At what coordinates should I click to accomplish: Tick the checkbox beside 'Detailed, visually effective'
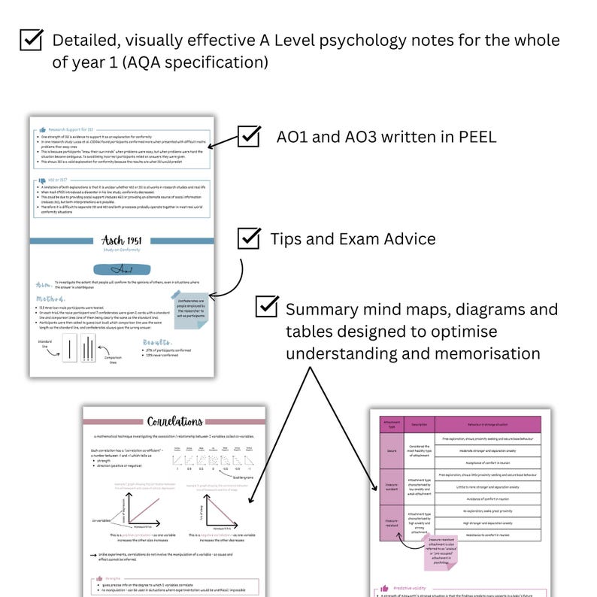[31, 40]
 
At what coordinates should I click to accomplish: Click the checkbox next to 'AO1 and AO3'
[249, 136]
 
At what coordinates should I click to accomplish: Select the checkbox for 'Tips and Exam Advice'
[249, 238]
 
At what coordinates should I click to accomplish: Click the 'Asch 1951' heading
[121, 241]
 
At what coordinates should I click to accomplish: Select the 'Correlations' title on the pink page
[174, 422]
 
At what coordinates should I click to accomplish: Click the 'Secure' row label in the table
[391, 450]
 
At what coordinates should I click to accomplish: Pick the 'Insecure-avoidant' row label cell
[391, 486]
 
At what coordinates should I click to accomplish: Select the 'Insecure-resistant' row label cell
[391, 523]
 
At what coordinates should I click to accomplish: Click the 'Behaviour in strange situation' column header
[487, 424]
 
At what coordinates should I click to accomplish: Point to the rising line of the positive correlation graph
[133, 508]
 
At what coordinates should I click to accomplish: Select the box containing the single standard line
[68, 350]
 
